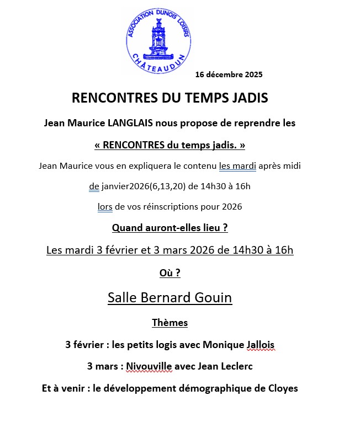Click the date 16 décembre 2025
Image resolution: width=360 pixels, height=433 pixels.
coord(229,74)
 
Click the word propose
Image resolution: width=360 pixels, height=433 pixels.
coord(196,123)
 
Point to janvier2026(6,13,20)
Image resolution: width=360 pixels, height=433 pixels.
coord(142,186)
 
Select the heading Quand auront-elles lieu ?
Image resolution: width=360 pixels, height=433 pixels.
coord(170,227)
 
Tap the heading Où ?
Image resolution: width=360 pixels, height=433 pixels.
coord(170,272)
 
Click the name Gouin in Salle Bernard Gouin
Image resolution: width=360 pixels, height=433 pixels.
coord(213,298)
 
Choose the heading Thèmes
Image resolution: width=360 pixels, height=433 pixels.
coord(170,323)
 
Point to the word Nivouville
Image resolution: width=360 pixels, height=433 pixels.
coord(149,366)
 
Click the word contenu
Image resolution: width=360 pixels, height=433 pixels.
coord(199,165)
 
